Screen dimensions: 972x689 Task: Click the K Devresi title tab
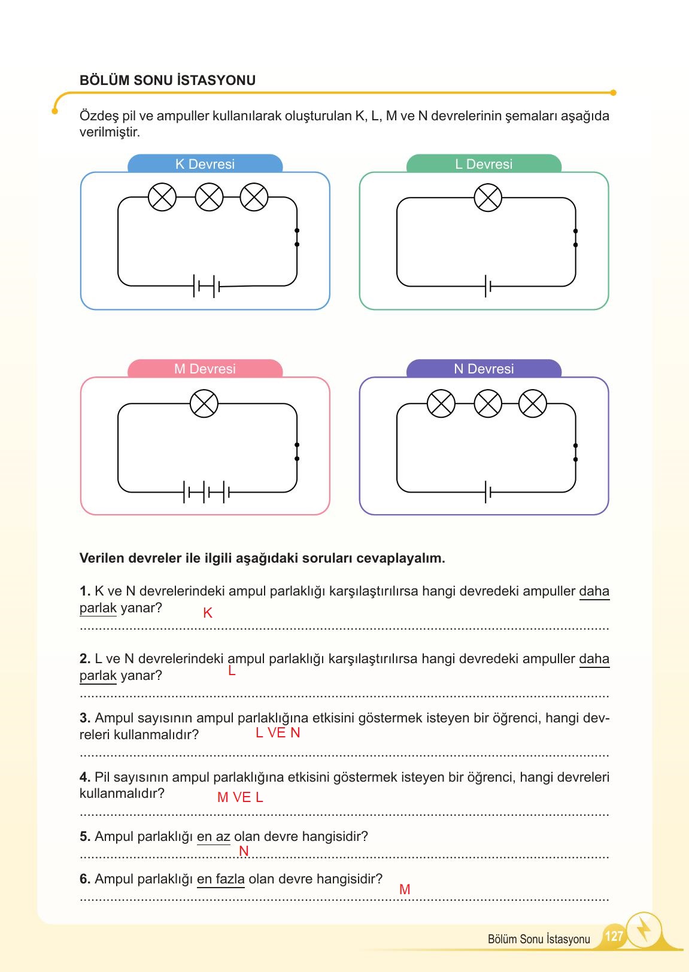[x=205, y=164]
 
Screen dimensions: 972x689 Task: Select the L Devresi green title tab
[x=484, y=164]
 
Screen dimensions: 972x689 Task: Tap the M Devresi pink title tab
[x=205, y=369]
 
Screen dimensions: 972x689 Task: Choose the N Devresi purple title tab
[x=484, y=369]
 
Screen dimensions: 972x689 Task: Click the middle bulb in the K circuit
[x=210, y=197]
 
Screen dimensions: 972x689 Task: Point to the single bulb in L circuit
[x=488, y=198]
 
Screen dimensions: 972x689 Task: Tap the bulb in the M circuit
[x=204, y=404]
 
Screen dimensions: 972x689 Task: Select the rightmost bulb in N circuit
[x=532, y=403]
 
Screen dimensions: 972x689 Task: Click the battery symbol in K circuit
[x=207, y=287]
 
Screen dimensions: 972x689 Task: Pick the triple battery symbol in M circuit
[x=207, y=492]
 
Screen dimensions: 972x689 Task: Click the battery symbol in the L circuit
[x=488, y=287]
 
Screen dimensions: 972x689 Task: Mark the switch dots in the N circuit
[x=575, y=452]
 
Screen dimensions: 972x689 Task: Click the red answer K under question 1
[x=208, y=613]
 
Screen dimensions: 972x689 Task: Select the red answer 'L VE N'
[x=278, y=733]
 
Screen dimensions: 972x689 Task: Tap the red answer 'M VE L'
[x=240, y=797]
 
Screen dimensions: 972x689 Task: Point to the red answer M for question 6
[x=405, y=889]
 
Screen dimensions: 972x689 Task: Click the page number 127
[x=614, y=935]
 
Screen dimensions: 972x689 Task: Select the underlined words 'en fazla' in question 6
[x=220, y=879]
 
